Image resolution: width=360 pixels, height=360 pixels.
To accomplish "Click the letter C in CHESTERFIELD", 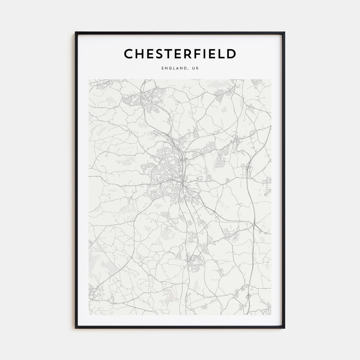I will coord(129,54).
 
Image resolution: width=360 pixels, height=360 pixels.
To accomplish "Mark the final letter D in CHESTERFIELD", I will coord(231,54).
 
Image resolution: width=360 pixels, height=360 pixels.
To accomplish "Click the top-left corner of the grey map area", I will coord(89,79).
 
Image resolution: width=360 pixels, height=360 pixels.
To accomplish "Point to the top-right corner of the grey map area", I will coord(271,79).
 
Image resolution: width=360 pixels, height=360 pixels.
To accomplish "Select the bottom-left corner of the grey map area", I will coord(89,315).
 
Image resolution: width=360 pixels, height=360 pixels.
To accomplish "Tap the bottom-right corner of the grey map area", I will coord(271,315).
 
